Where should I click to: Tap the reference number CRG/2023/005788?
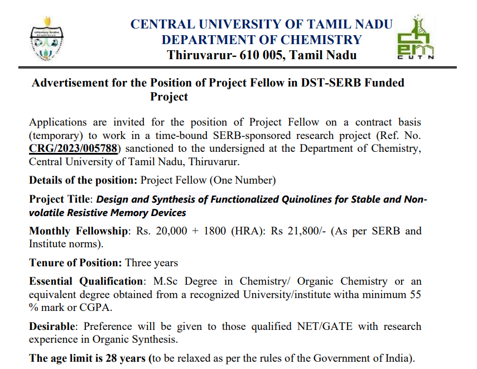tap(75, 148)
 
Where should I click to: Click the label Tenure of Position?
tap(75, 262)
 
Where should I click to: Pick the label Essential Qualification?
tap(86, 281)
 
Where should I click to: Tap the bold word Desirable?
tap(52, 326)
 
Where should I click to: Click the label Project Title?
tap(60, 200)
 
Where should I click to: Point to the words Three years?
tap(152, 262)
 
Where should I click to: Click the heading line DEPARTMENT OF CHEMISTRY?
tap(262, 40)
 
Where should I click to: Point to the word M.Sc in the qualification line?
tap(162, 281)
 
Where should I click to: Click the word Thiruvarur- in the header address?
tap(197, 55)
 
